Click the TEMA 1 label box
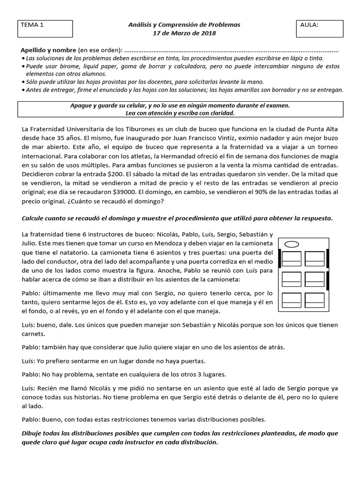click(x=45, y=29)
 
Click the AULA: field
click(x=320, y=29)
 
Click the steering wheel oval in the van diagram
click(x=292, y=244)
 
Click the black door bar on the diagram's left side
click(x=280, y=258)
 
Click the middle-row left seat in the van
click(x=292, y=279)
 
